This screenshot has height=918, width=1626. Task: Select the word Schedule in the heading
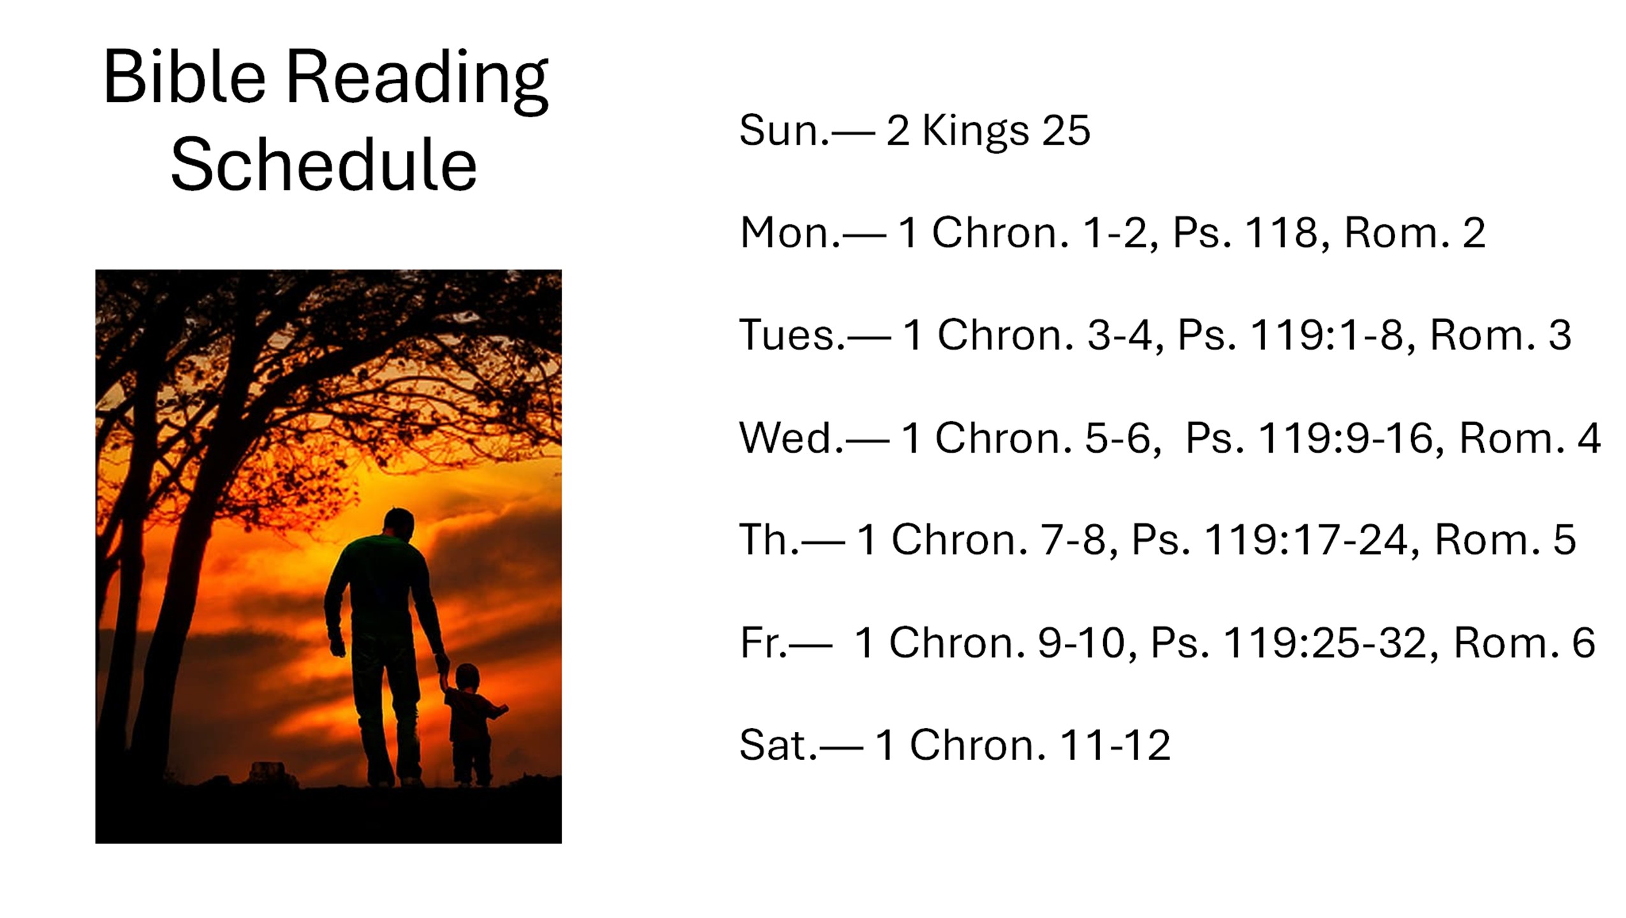click(x=324, y=164)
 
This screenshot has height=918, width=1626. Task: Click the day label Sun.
click(x=784, y=130)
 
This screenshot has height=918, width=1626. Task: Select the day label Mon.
click(x=790, y=233)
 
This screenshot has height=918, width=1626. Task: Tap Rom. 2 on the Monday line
click(x=1415, y=233)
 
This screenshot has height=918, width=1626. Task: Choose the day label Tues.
click(x=792, y=335)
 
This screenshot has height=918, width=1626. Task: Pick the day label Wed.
click(x=791, y=438)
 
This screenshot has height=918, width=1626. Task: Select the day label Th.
click(x=769, y=540)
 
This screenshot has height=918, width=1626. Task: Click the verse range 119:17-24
click(x=1305, y=540)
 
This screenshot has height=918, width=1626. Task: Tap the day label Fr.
click(x=763, y=643)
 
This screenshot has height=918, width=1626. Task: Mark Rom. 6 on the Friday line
click(x=1524, y=643)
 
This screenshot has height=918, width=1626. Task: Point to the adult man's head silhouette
click(x=399, y=523)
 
